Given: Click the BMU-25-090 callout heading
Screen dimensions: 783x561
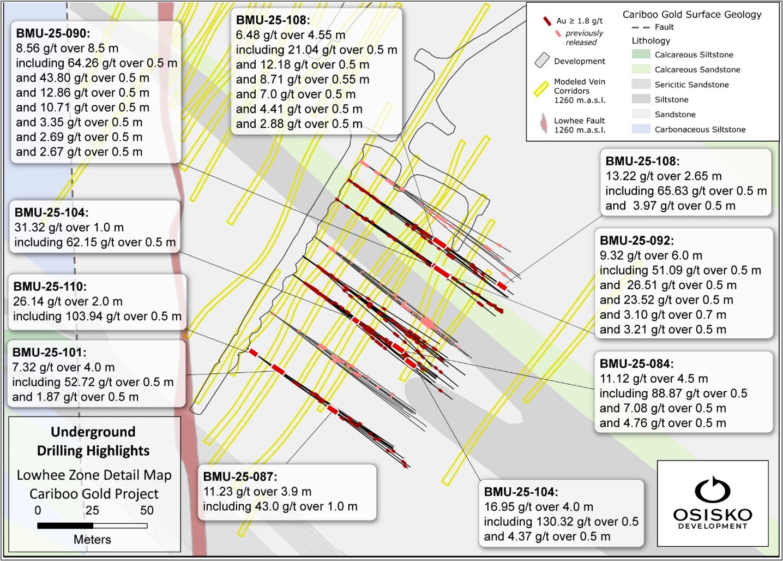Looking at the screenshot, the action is click(52, 33).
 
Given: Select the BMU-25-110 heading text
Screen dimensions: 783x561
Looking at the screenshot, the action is click(50, 287).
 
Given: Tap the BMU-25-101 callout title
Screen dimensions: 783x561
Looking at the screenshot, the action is click(49, 353).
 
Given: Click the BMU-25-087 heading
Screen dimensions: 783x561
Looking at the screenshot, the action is click(240, 476).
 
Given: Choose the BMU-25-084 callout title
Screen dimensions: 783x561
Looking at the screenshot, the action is click(636, 364).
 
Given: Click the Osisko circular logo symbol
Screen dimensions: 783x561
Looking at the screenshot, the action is click(712, 489).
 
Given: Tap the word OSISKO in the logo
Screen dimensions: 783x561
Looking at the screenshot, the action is click(712, 515).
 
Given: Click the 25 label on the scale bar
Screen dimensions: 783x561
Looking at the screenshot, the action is click(92, 510).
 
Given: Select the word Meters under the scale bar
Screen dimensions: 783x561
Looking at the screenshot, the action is click(92, 539).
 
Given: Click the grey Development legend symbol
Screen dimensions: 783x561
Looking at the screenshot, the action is click(542, 61).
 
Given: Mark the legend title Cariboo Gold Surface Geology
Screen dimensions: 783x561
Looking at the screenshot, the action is click(692, 15).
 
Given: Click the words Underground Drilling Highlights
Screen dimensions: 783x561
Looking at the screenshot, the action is click(93, 441).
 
